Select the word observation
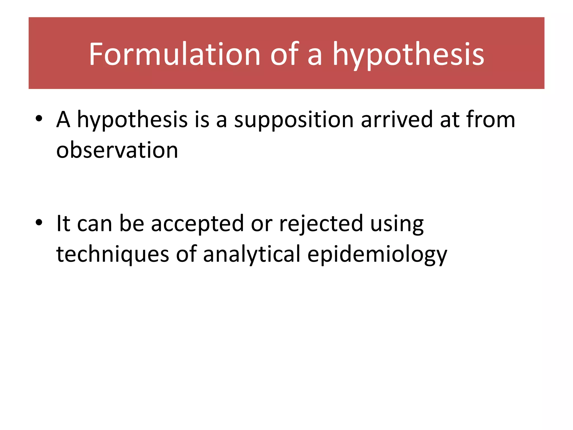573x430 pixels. coord(117,150)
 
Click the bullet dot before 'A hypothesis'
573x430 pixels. coord(39,118)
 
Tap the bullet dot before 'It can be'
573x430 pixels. coord(39,222)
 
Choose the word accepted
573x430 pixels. coord(198,224)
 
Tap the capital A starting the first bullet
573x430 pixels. coord(63,120)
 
